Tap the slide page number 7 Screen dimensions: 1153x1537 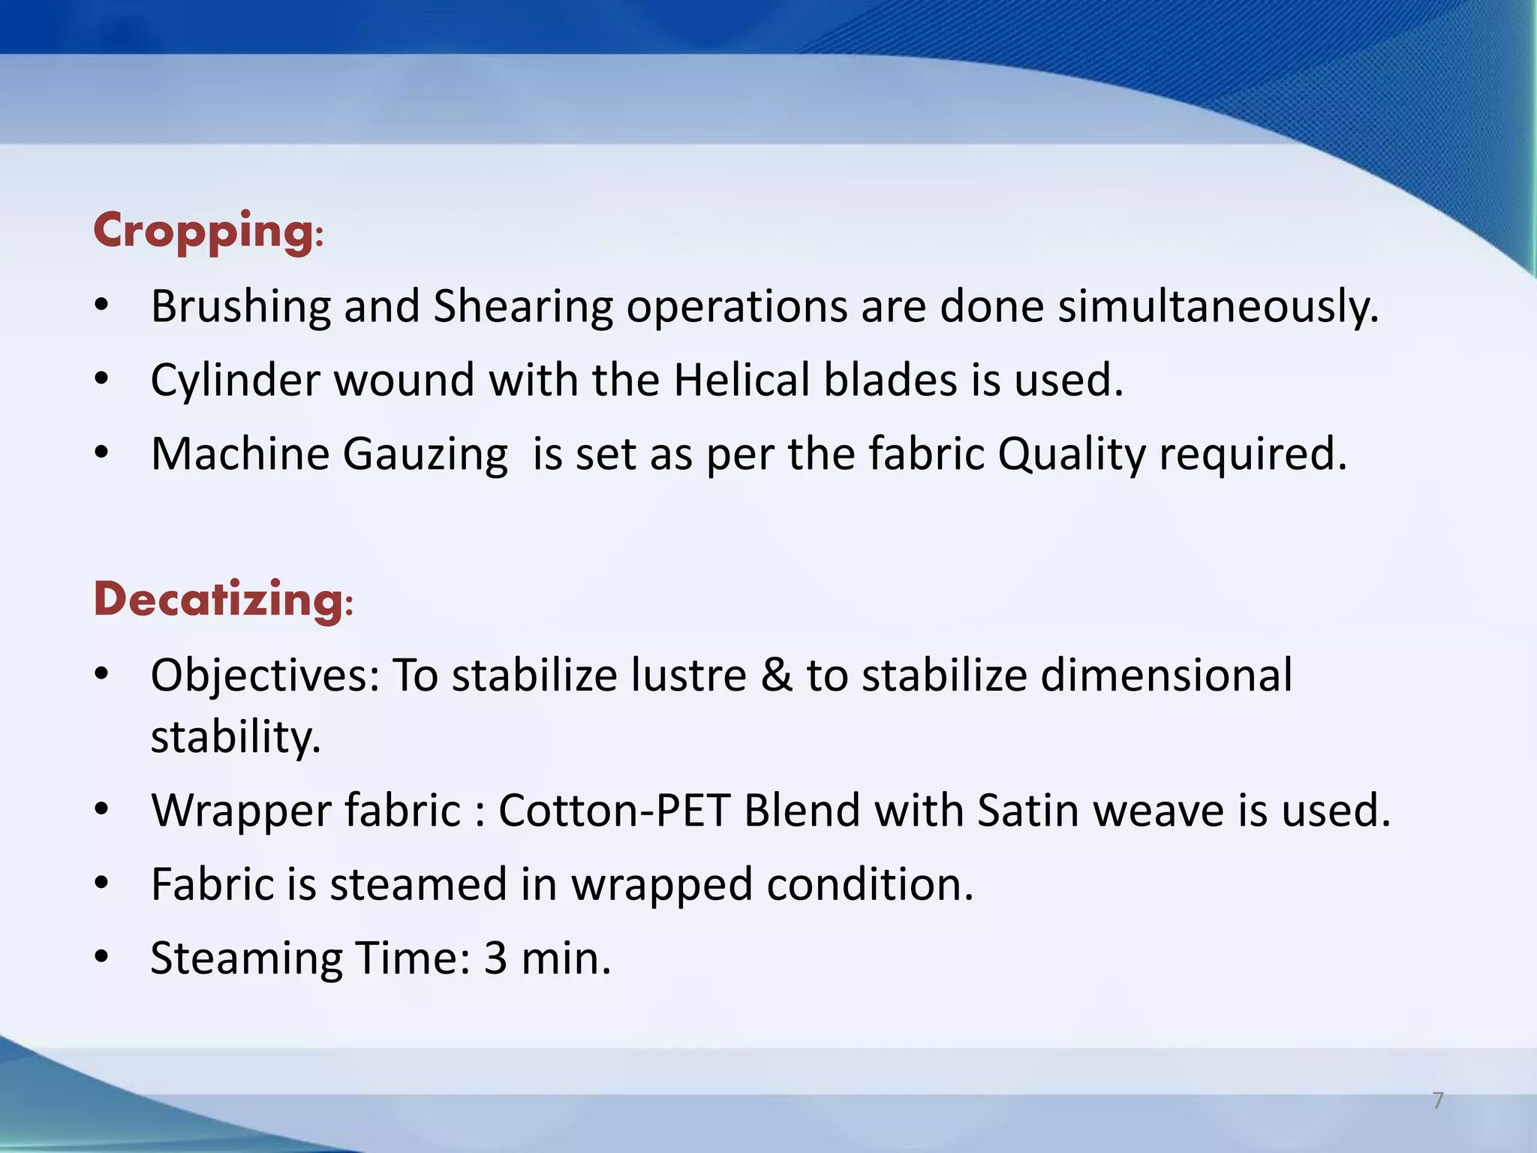click(1438, 1100)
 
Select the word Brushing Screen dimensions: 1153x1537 click(239, 307)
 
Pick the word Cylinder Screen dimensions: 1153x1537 click(235, 380)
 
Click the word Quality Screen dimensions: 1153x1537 click(1071, 455)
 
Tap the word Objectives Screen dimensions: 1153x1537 click(265, 675)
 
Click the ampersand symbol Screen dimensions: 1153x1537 click(776, 675)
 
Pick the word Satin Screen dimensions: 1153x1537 click(1027, 811)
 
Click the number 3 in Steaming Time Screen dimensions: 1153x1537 click(495, 959)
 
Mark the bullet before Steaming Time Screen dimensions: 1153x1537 click(103, 959)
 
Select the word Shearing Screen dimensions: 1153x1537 click(523, 307)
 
